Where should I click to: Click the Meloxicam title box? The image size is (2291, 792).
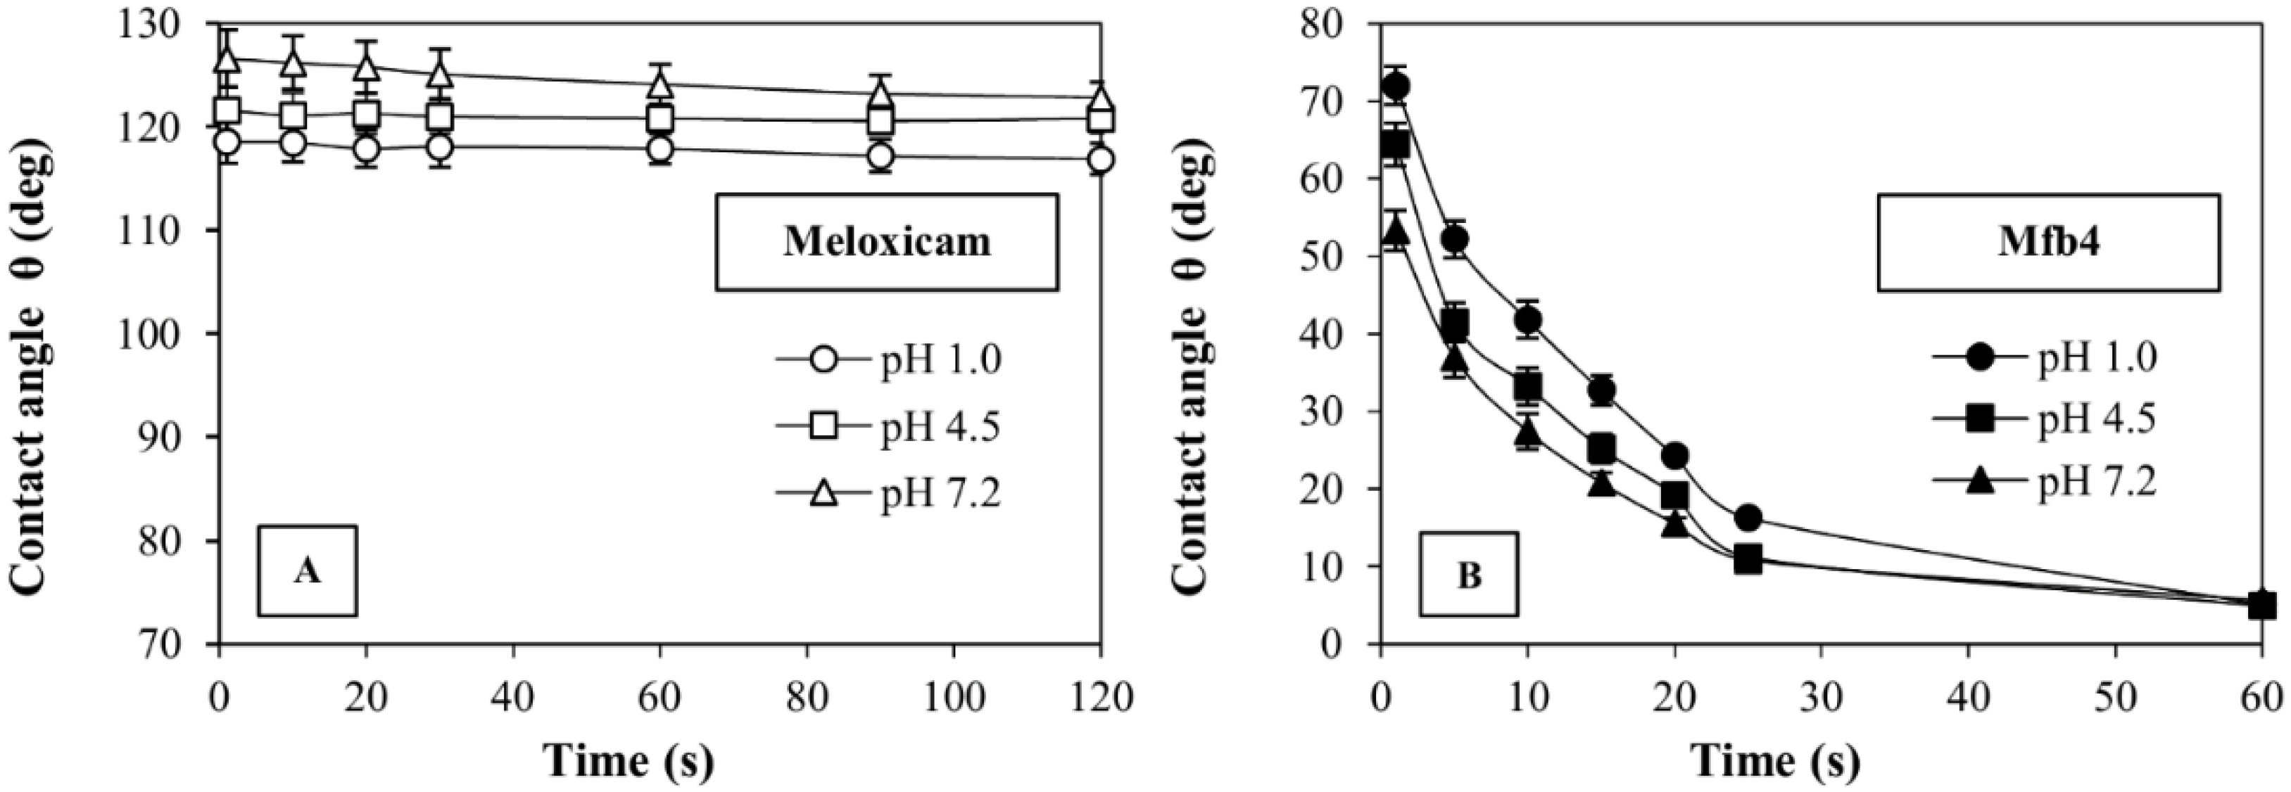(x=887, y=242)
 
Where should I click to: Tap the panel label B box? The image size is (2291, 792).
(x=1468, y=574)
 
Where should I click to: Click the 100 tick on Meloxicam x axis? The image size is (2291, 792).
(x=954, y=698)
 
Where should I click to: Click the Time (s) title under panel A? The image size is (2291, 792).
(x=628, y=761)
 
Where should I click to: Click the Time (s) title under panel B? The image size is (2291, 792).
(x=1774, y=761)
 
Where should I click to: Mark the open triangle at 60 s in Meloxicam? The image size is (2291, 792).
(x=659, y=85)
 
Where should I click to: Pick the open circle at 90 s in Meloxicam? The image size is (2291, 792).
(x=880, y=156)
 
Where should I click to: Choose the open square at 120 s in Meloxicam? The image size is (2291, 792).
(x=1100, y=118)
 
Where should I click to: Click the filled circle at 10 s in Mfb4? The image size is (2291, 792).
(x=1528, y=319)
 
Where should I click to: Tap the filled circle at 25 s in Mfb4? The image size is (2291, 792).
(x=1748, y=518)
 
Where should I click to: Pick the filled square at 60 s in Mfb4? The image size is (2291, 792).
(x=2261, y=606)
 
